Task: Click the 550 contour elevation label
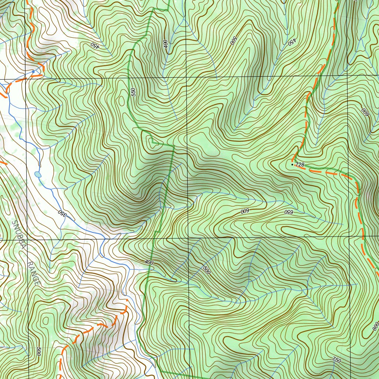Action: (133, 92)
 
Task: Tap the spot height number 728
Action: (299, 164)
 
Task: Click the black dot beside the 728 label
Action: (292, 164)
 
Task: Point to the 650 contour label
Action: (288, 212)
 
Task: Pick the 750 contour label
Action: (336, 360)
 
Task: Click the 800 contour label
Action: (375, 326)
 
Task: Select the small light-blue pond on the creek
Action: (38, 174)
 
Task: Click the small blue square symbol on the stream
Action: (33, 71)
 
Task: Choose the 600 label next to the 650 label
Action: (244, 211)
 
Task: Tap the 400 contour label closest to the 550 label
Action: (165, 44)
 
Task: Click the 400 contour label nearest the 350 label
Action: (149, 262)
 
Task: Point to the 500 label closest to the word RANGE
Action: (39, 351)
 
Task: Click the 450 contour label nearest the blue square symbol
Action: (95, 46)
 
